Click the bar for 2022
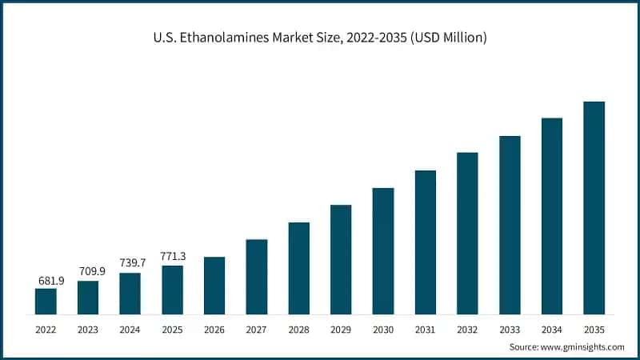pyautogui.click(x=46, y=301)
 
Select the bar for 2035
pyautogui.click(x=594, y=208)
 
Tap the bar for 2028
pyautogui.click(x=298, y=268)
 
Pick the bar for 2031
pyautogui.click(x=425, y=242)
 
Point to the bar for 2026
pyautogui.click(x=214, y=286)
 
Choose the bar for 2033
pyautogui.click(x=510, y=225)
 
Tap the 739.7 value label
pyautogui.click(x=130, y=264)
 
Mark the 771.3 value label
pyautogui.click(x=173, y=256)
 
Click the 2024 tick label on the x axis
pyautogui.click(x=130, y=329)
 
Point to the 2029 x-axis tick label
pyautogui.click(x=341, y=329)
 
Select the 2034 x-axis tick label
pyautogui.click(x=552, y=329)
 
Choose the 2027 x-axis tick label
pyautogui.click(x=257, y=329)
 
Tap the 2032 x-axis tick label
pyautogui.click(x=467, y=329)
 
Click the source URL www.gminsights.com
pyautogui.click(x=583, y=346)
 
